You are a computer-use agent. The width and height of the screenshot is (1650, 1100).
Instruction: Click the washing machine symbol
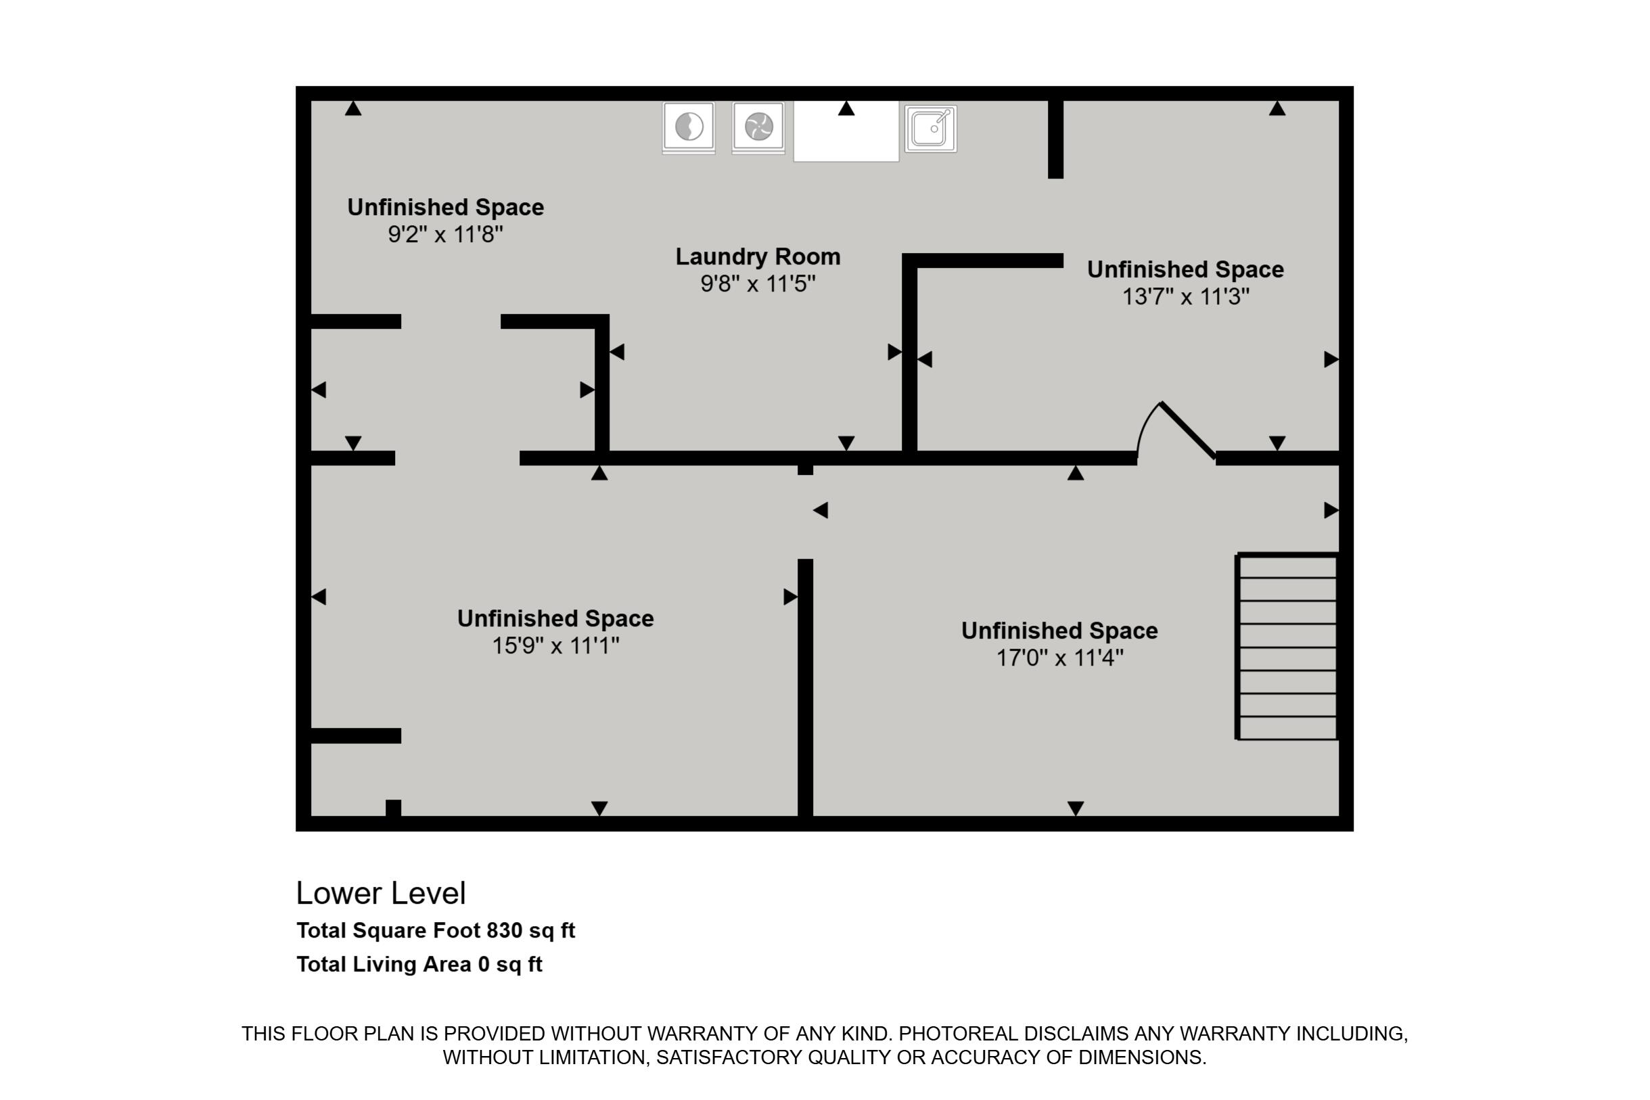688,128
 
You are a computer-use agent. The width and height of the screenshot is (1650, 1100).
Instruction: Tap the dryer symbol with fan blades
758,128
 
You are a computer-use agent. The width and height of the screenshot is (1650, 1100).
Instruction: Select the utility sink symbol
930,129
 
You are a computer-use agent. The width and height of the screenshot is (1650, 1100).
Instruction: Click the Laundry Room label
758,257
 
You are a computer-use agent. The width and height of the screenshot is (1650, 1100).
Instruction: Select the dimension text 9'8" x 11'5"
758,284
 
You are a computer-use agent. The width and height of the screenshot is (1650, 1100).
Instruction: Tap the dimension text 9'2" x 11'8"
445,234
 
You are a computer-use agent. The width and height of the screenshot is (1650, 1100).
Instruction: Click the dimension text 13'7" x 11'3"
1186,297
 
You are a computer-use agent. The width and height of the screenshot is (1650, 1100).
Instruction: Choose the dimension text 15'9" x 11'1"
555,645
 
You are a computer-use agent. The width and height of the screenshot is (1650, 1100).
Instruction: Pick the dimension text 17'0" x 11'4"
1060,658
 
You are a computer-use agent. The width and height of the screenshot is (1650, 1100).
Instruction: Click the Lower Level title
381,893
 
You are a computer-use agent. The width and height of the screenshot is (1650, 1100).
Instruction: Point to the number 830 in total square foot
505,931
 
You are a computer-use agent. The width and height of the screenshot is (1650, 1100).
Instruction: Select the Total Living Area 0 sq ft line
419,965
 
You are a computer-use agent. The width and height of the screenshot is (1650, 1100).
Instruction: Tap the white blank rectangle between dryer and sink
846,131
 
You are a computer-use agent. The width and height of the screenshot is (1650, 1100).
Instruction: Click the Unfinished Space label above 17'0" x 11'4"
1059,631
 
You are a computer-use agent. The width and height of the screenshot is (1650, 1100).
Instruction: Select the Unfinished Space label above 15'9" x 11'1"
555,618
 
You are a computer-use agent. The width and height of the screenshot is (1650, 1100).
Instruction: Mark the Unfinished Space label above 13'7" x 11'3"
1186,269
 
